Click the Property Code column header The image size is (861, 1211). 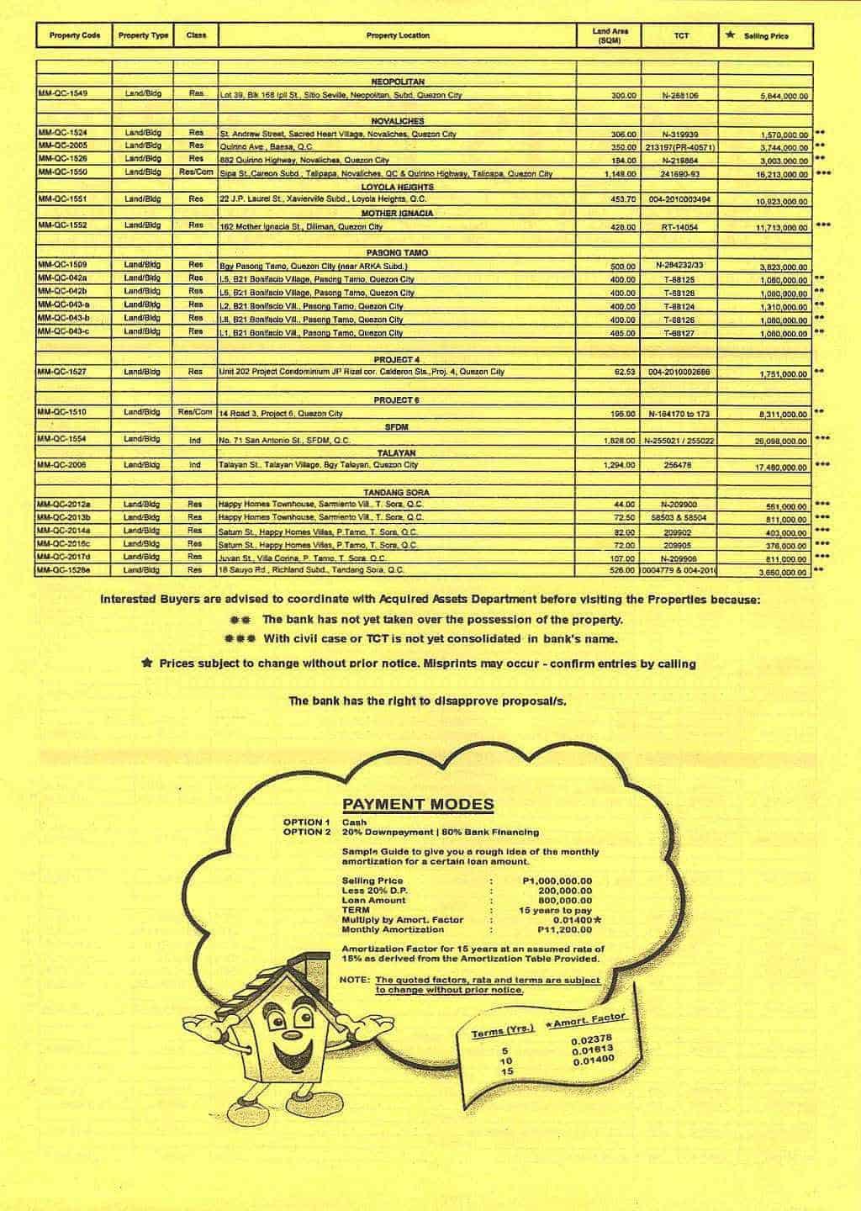(75, 35)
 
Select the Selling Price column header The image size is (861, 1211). (765, 36)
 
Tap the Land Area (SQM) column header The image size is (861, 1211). (610, 35)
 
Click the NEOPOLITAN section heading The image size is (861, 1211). (398, 82)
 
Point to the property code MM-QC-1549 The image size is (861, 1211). (63, 94)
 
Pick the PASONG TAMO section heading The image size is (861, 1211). (398, 252)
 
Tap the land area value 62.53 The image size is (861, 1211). (623, 373)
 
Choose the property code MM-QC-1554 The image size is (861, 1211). (63, 439)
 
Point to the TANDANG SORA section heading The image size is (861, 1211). (398, 492)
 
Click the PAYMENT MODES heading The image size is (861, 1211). (418, 804)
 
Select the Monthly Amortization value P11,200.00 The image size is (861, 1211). (564, 930)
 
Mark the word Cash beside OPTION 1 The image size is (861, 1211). (354, 822)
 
